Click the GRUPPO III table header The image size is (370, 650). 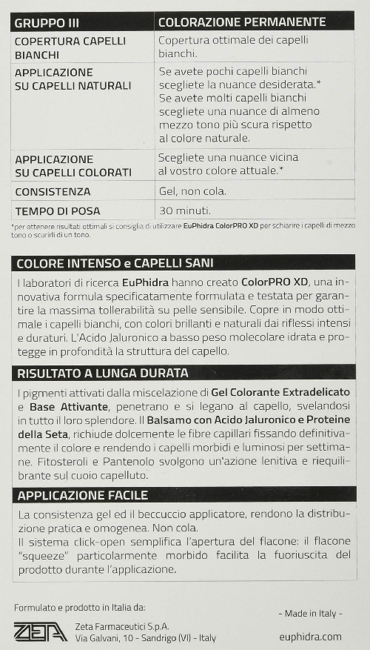coord(49,22)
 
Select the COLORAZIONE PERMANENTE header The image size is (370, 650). coord(242,22)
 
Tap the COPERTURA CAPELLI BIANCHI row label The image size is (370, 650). coord(70,47)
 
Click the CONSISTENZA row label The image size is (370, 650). coord(53,192)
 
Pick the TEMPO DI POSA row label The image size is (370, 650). coord(57,211)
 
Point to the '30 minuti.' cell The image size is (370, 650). coord(184,210)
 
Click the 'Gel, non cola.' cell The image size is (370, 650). coord(192,191)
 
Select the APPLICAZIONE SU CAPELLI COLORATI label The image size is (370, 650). coord(73,165)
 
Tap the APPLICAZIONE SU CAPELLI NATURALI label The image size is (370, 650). coord(73,79)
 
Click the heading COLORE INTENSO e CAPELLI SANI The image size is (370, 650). coord(115,263)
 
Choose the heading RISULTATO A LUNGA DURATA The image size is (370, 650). coord(102,373)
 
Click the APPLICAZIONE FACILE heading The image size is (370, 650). coord(82,495)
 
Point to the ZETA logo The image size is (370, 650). coord(40,631)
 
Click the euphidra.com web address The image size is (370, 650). coord(311,636)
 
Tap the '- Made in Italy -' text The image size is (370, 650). coord(310,614)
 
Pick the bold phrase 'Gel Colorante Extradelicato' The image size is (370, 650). coord(280,391)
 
